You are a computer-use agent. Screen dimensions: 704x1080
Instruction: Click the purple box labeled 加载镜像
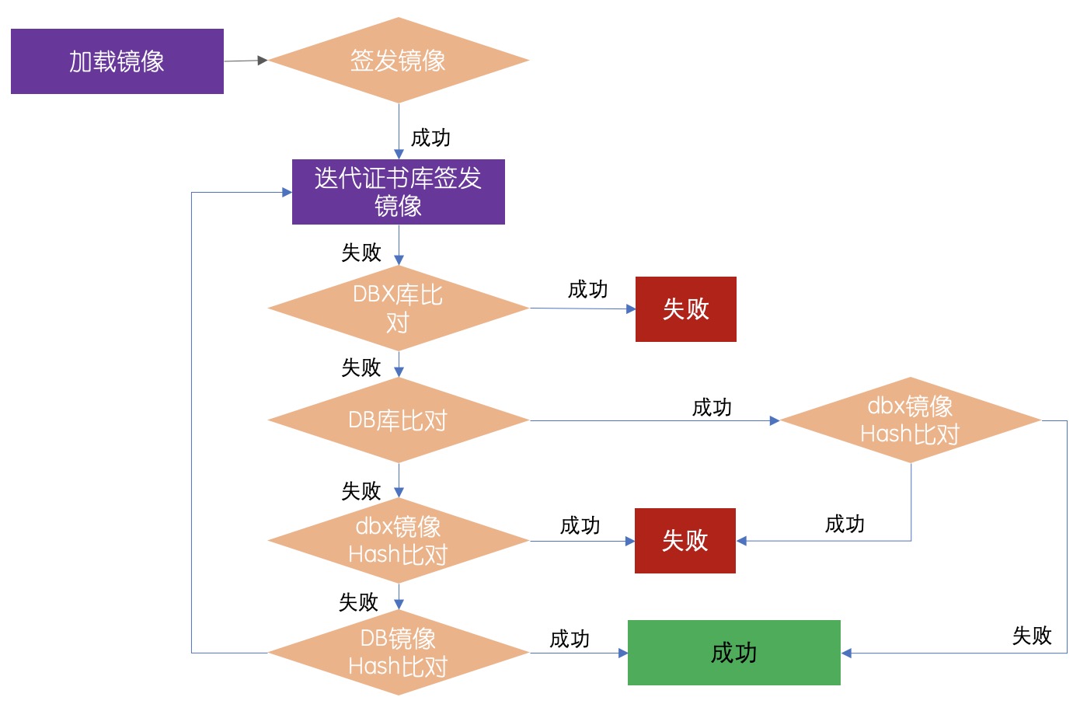point(117,61)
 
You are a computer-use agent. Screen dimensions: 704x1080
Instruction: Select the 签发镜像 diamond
point(398,61)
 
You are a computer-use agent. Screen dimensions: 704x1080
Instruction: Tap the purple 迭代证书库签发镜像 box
point(398,192)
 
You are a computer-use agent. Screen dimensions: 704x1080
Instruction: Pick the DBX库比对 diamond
point(398,308)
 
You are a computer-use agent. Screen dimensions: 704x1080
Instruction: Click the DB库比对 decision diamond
point(398,420)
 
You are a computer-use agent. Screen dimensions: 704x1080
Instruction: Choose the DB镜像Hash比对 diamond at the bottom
point(398,653)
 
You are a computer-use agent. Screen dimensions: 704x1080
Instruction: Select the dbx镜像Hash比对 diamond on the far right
point(910,420)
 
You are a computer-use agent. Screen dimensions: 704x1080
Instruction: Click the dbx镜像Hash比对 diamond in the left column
point(398,541)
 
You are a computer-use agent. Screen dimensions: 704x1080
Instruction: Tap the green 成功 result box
point(733,653)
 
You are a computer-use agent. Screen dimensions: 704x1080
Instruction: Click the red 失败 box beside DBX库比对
point(685,309)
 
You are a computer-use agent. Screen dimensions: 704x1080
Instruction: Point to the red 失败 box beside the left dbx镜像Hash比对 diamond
point(685,541)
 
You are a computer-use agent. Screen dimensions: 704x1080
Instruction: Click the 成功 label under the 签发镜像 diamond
point(430,138)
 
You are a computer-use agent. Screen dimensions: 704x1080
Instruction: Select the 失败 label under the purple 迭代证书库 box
point(361,253)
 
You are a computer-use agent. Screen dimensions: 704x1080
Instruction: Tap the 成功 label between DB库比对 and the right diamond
point(712,407)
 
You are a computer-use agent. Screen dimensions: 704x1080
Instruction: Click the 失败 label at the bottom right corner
point(1032,636)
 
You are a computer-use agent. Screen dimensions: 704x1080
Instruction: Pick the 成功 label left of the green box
point(570,639)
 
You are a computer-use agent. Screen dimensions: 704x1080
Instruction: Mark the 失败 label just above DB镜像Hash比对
point(358,602)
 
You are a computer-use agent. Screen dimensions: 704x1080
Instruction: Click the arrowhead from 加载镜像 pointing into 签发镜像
point(263,60)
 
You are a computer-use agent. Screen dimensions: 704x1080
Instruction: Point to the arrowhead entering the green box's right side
point(847,653)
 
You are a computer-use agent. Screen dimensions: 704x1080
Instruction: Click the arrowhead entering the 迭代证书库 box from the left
point(287,192)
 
